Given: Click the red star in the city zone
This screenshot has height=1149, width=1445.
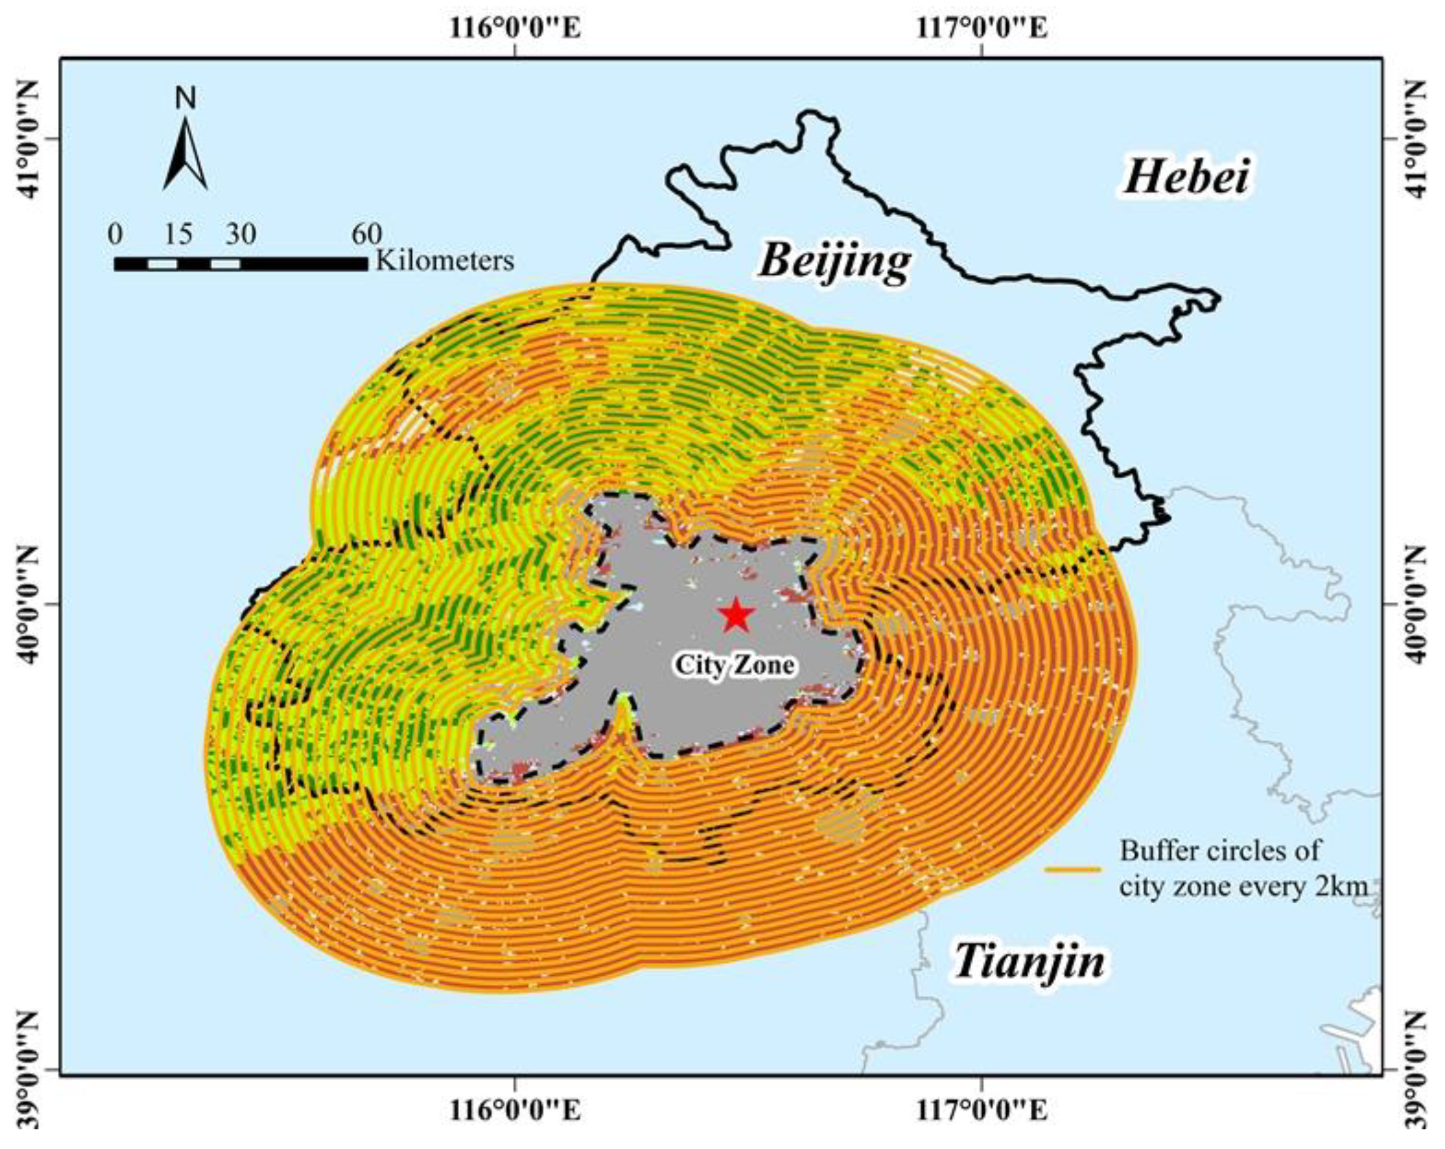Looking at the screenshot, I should pos(736,614).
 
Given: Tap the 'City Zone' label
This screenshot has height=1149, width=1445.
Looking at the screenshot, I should pos(734,665).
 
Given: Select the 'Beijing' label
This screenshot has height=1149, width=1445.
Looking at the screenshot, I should pos(835,261).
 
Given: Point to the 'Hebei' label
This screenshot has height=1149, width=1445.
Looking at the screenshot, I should pos(1186,178).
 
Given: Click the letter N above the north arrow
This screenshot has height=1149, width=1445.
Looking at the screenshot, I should pos(186,98).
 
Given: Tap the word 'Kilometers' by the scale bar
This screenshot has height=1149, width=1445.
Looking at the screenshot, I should pos(445,260).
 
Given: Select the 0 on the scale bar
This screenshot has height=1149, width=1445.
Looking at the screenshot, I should pos(116,234).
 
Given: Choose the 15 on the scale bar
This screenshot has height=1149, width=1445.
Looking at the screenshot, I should pos(178,234).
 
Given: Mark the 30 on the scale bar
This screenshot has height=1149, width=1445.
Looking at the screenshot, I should pos(240,234).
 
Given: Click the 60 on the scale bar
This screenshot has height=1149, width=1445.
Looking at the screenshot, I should pos(366,234).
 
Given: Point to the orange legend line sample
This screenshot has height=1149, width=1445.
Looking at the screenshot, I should pos(1073,869).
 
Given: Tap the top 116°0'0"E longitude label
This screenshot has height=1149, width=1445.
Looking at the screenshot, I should pos(514,29).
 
